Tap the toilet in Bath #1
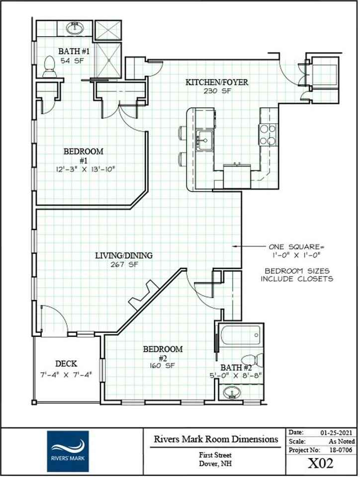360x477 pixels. [x=49, y=67]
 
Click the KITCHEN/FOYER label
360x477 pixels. [x=217, y=82]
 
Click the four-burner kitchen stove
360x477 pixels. [x=267, y=134]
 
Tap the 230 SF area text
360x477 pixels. [x=215, y=91]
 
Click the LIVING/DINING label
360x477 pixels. [x=124, y=256]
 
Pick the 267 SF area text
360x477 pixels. [x=124, y=265]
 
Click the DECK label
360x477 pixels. [x=66, y=364]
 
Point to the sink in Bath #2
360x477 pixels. [x=231, y=394]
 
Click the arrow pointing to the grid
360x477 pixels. [x=249, y=246]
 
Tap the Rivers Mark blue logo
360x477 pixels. [x=68, y=451]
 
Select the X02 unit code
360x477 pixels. [x=320, y=464]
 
